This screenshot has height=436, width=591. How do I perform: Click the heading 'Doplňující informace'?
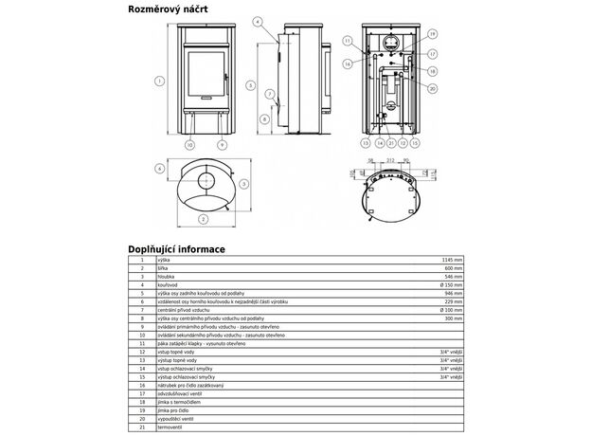pos(177,249)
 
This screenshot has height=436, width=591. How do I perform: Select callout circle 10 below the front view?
pos(188,145)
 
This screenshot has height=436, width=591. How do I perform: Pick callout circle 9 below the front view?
pos(221,145)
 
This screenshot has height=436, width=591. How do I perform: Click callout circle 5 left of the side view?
pos(249,85)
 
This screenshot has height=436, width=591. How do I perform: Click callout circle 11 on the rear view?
pos(349,41)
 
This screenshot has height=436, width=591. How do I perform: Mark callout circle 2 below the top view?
pos(202,219)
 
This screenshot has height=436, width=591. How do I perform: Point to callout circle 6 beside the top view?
pos(160,169)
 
